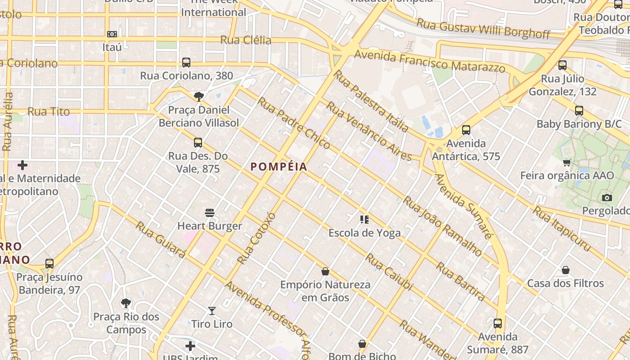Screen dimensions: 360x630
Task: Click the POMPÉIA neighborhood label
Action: [x=279, y=167]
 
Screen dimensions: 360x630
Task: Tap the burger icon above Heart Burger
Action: [x=210, y=212]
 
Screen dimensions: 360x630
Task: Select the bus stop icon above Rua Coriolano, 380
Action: [x=186, y=63]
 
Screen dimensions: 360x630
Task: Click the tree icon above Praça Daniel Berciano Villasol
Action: [x=198, y=96]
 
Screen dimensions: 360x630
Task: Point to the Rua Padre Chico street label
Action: [x=293, y=123]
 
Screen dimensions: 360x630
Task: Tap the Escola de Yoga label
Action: [x=364, y=233]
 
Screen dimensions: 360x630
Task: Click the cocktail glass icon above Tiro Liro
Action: [x=212, y=310]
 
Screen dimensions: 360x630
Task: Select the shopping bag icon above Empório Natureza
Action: [x=325, y=271]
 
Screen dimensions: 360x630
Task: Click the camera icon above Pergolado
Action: [x=607, y=198]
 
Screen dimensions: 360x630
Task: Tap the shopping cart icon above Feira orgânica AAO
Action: [x=567, y=162]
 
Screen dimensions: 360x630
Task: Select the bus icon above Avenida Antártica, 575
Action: [x=466, y=130]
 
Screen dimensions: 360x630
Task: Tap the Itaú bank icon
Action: [x=112, y=34]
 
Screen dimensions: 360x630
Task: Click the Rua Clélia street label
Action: [x=246, y=40]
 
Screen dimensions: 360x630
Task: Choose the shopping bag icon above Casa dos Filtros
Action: [x=566, y=270]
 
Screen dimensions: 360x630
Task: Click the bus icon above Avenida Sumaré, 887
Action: [x=498, y=323]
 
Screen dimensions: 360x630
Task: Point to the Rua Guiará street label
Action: [x=161, y=240]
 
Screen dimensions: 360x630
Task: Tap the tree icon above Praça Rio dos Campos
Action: [x=126, y=303]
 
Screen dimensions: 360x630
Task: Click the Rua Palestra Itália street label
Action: [x=371, y=101]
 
